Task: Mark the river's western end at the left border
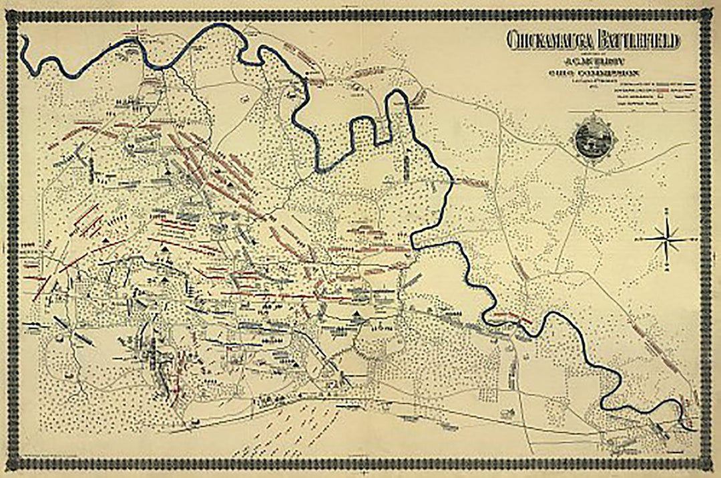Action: tap(23, 40)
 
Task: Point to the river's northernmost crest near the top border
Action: tap(224, 25)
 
